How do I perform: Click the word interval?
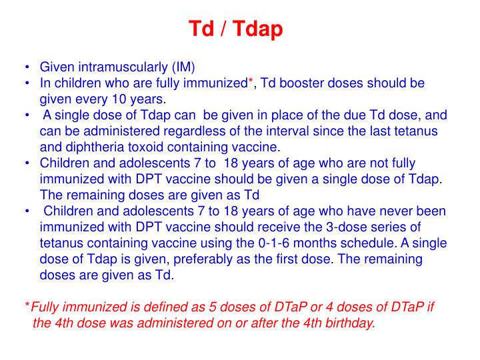pos(279,131)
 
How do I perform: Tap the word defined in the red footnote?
pos(144,307)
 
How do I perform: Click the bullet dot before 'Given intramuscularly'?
pos(25,68)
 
